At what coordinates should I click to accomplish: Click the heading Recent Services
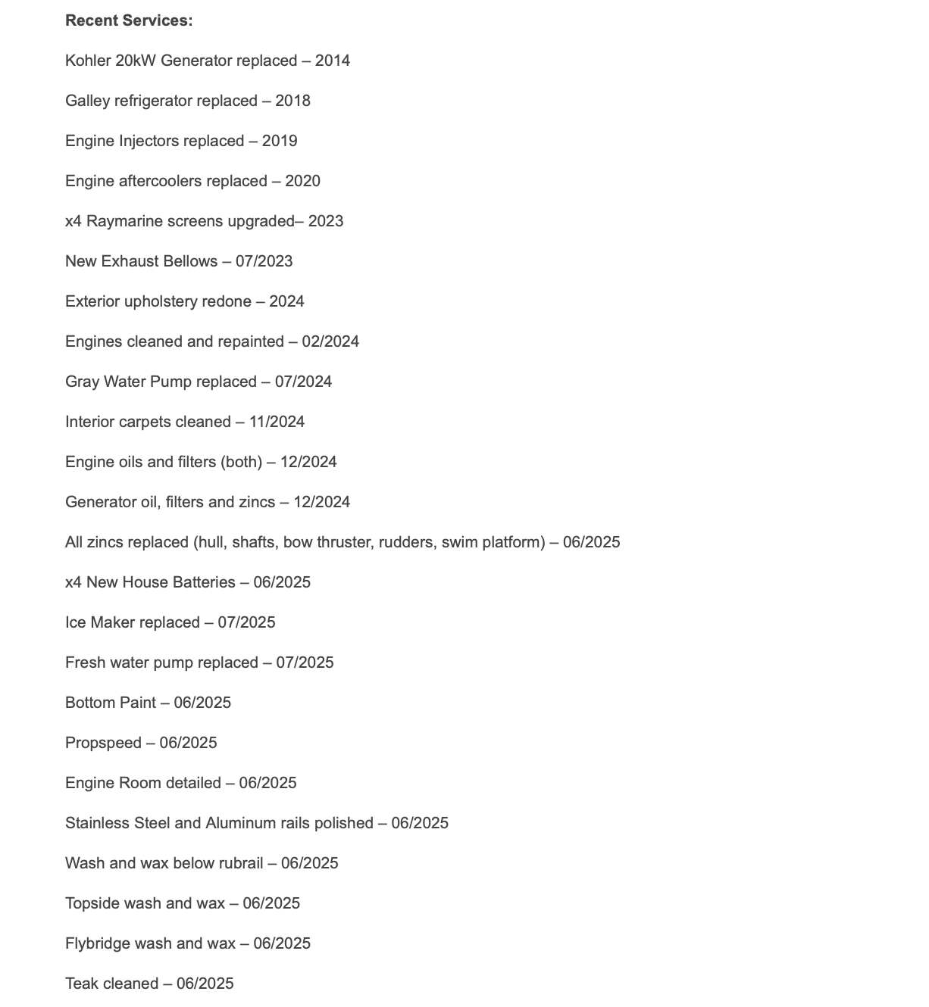point(129,21)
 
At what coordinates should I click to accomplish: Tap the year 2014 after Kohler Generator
point(333,61)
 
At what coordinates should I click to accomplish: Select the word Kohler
point(88,61)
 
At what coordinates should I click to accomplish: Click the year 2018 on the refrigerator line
point(292,101)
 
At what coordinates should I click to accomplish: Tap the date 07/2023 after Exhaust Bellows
point(264,262)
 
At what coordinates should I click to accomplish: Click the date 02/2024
point(330,342)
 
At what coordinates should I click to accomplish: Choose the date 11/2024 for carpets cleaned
point(277,422)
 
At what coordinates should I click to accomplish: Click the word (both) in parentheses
point(241,463)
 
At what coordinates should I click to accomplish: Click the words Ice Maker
point(100,623)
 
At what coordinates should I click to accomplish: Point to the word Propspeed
point(103,744)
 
